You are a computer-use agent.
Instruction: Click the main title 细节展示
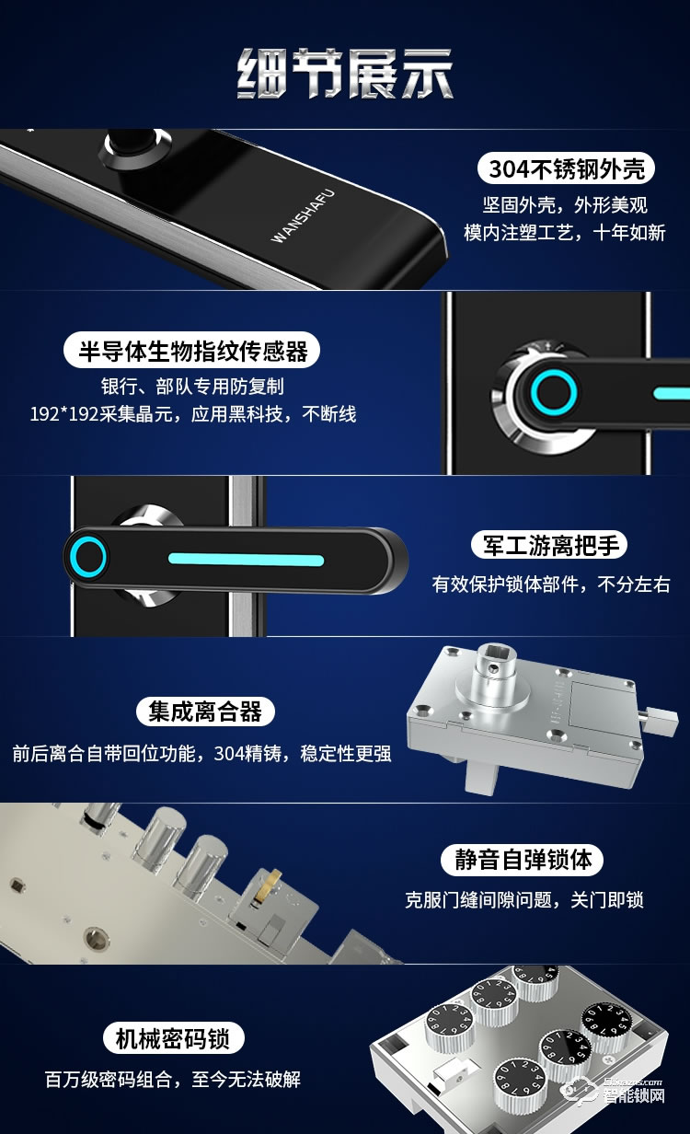pos(345,75)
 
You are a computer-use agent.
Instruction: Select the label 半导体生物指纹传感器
pos(192,350)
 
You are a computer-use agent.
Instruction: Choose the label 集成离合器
pos(205,711)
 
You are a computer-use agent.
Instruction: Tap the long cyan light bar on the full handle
pos(246,559)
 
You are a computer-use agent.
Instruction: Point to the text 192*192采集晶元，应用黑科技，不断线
pos(192,414)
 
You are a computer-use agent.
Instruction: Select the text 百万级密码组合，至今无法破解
pos(173,1079)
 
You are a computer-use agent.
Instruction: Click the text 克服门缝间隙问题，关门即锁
pos(536,900)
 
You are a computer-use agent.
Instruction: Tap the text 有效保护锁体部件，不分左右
pos(550,584)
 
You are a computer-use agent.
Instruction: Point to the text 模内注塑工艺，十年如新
pos(564,233)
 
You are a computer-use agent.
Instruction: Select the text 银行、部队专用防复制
pos(192,387)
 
